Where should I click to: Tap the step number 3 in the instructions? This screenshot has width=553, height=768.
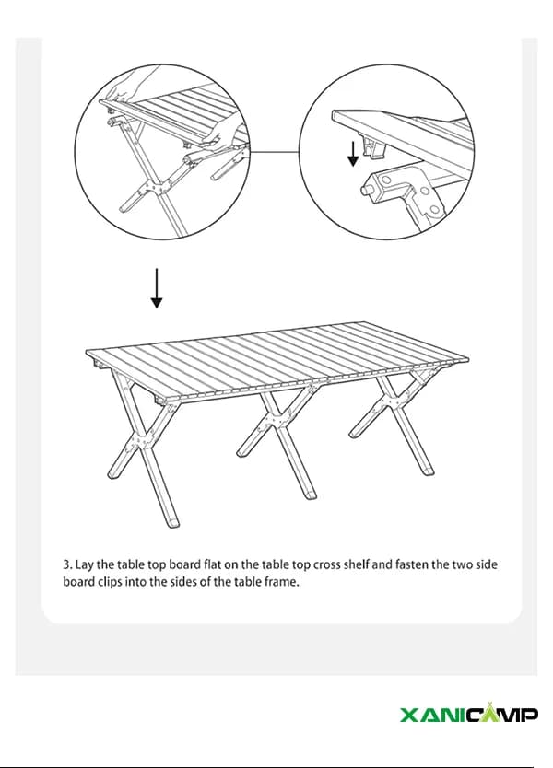(66, 564)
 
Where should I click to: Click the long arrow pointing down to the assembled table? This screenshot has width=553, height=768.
(157, 288)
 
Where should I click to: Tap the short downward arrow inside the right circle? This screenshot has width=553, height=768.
(353, 153)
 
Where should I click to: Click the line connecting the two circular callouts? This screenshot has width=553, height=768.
(274, 152)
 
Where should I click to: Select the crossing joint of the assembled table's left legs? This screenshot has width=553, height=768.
(140, 442)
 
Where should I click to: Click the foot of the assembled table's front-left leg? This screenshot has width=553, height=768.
(172, 521)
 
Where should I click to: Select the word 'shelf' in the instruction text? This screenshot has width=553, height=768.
(356, 564)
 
